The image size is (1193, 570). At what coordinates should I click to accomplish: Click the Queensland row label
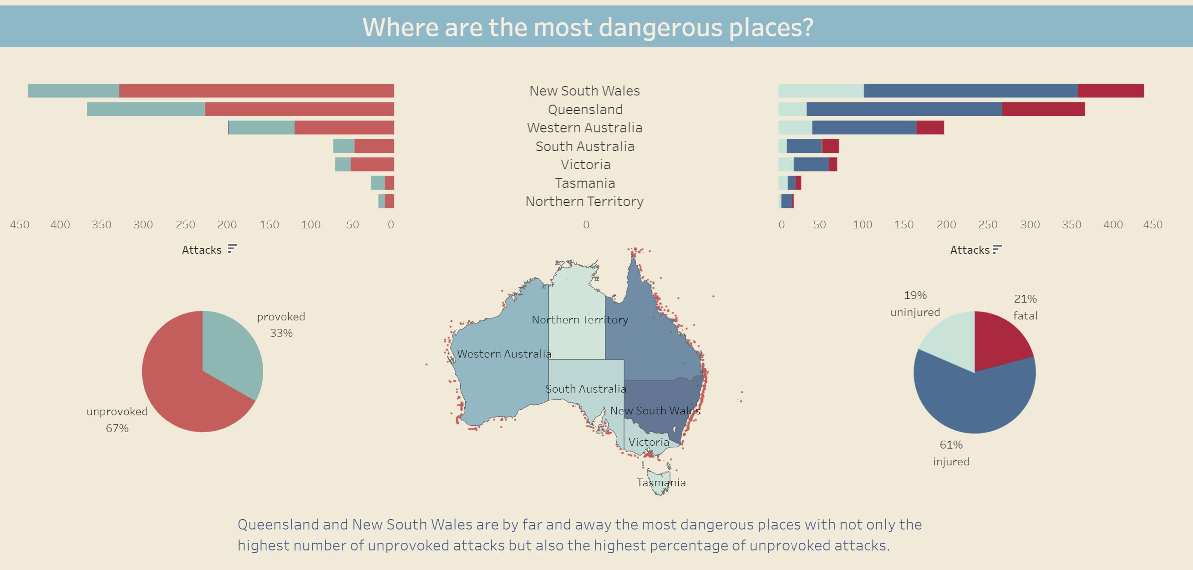[x=585, y=109]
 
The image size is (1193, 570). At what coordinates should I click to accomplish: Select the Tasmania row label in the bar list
[x=585, y=183]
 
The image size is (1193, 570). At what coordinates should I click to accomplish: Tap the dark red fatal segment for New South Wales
[x=1110, y=91]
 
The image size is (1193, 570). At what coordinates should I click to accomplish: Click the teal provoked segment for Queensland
[x=146, y=109]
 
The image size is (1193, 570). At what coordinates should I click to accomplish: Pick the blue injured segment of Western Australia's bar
[x=864, y=128]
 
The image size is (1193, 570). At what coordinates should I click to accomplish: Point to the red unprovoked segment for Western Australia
[x=344, y=128]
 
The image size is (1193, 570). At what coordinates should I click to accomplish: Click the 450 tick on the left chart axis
[x=20, y=225]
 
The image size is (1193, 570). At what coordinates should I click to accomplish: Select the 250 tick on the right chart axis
[x=987, y=225]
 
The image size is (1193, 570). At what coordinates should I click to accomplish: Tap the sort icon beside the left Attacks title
[x=232, y=249]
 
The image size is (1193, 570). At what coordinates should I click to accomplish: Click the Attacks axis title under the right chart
[x=970, y=250]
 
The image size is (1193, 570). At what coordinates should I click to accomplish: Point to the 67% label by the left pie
[x=117, y=428]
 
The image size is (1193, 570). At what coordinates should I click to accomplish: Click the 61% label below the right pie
[x=951, y=444]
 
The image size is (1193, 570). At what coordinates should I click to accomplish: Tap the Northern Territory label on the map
[x=579, y=319]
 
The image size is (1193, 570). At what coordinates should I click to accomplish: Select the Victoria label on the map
[x=648, y=442]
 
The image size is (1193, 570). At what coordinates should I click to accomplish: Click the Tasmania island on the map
[x=659, y=482]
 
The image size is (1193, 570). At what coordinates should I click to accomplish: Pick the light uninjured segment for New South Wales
[x=821, y=91]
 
